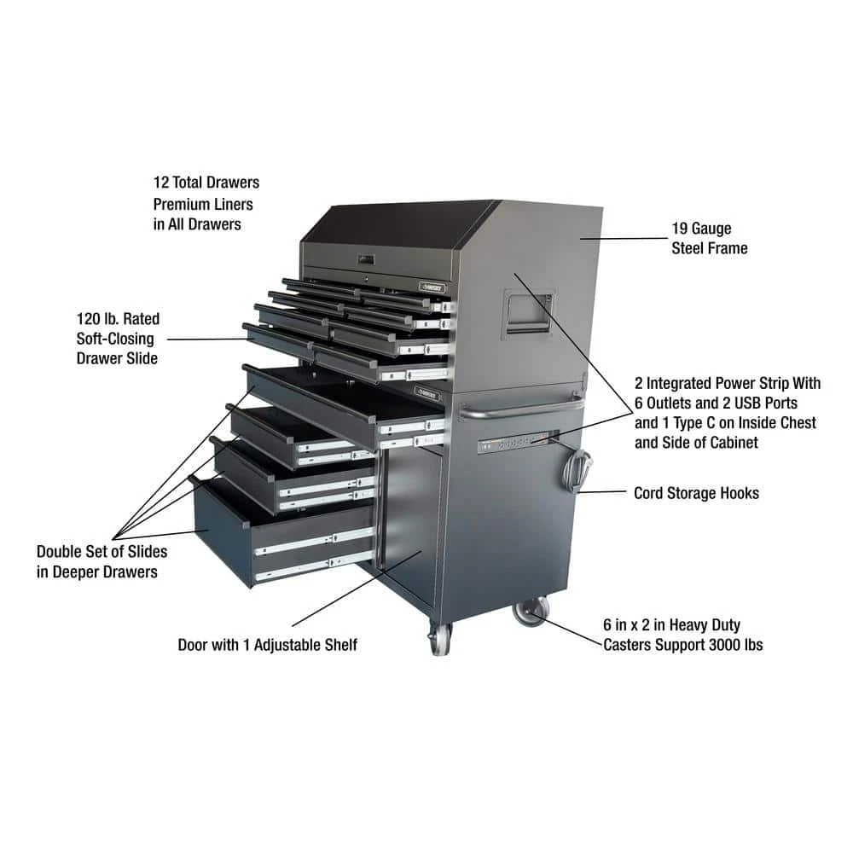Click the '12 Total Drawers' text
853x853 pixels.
click(x=206, y=183)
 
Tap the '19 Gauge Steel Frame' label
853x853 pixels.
click(x=710, y=238)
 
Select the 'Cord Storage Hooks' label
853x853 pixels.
click(x=696, y=493)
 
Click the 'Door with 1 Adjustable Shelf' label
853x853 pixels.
click(x=267, y=645)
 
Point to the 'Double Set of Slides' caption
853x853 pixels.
click(x=102, y=552)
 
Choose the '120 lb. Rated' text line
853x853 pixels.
click(x=118, y=319)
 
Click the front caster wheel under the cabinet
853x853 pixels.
click(x=440, y=639)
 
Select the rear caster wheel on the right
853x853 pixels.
click(x=531, y=611)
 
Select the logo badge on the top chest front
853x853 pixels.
click(x=432, y=287)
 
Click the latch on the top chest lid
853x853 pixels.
click(x=366, y=260)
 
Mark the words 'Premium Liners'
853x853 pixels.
click(x=203, y=204)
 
